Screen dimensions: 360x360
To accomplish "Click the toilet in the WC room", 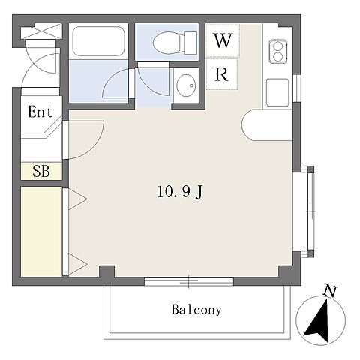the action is pos(175,43).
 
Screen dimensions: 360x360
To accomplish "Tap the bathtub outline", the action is pos(99,41).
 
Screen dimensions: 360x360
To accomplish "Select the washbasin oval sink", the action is pos(186,85).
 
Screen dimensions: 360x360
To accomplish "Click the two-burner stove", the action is pos(278,51).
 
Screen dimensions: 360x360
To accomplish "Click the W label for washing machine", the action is pos(223,40).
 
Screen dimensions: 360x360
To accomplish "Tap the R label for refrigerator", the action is pos(221,74).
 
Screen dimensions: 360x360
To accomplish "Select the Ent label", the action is pos(40,112).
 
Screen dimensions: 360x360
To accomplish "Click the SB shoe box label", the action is pos(41,171).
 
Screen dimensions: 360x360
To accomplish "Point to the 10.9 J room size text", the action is pos(180,192).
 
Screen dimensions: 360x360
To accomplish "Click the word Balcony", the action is pos(196,310).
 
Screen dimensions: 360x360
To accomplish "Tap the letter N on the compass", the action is pos(331,291).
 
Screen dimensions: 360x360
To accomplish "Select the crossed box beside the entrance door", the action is pos(41,31).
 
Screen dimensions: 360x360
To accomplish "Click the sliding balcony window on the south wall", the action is pos(189,281).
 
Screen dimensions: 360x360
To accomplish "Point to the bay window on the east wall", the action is pos(307,211).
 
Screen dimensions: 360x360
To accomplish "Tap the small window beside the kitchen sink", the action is pos(297,88).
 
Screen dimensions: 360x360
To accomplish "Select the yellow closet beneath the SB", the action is pos(41,232).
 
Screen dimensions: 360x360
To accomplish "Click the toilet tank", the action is pos(190,43).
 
